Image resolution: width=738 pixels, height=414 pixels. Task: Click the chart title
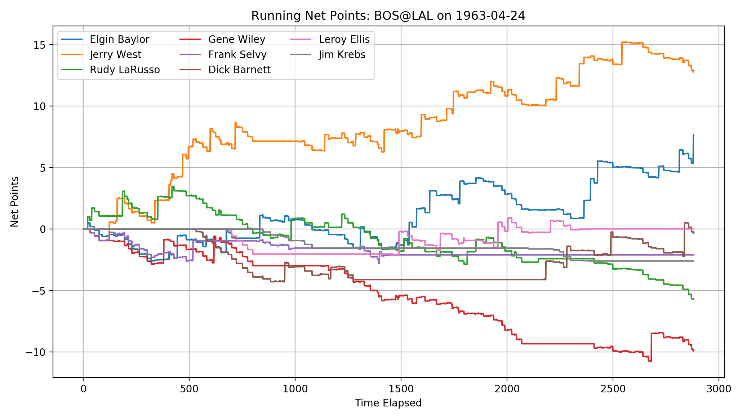point(388,16)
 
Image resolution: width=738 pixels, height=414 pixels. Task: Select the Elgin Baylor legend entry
point(119,39)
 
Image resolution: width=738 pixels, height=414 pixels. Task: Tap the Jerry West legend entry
point(115,54)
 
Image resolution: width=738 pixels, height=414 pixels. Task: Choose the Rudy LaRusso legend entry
point(125,70)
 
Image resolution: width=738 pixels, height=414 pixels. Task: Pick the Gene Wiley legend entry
point(236,39)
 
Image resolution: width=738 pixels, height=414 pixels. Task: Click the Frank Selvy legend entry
point(237,54)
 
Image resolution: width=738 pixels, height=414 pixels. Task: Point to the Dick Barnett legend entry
point(239,70)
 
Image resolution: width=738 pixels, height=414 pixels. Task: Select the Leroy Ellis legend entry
point(344,39)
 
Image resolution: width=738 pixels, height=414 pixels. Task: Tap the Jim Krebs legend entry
point(342,54)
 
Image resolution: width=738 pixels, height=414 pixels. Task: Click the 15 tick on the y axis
point(40,45)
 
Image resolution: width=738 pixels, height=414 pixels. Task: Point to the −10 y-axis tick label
point(37,352)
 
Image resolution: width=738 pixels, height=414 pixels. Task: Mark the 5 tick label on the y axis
point(43,168)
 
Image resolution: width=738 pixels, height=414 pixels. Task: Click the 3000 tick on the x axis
point(719,389)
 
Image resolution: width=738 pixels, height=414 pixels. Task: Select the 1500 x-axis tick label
point(401,389)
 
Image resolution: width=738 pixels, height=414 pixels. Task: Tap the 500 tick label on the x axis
point(189,389)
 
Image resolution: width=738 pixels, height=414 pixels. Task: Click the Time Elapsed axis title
point(388,403)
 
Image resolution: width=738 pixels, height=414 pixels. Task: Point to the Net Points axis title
point(14,202)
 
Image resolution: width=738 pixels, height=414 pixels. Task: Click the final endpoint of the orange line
point(694,71)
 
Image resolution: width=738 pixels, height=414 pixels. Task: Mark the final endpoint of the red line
point(694,350)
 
